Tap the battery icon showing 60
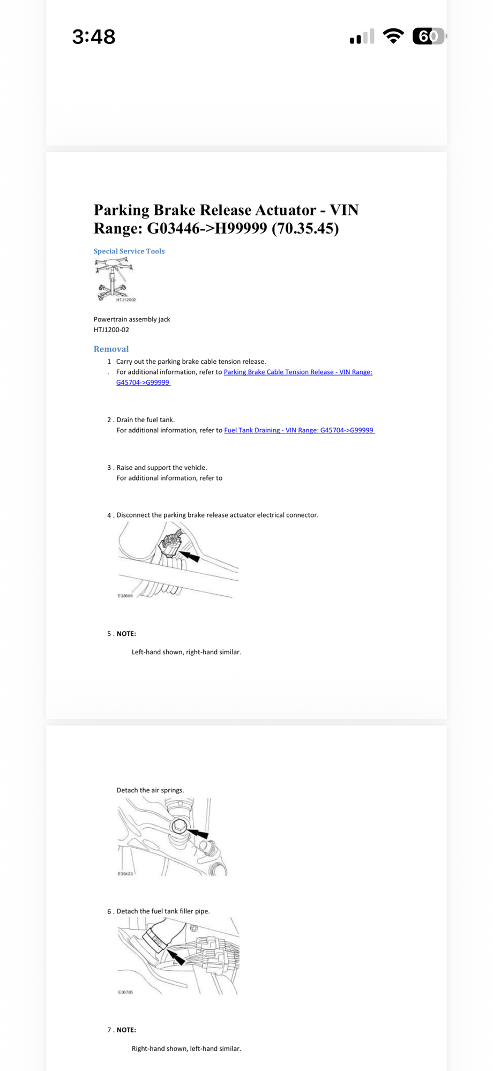tap(428, 36)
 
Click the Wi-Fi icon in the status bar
tap(393, 36)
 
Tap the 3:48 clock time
tap(94, 37)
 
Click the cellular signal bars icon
tap(362, 37)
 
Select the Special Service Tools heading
tap(129, 251)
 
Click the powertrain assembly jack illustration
tap(114, 279)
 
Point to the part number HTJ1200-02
tap(111, 330)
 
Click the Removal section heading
tap(111, 349)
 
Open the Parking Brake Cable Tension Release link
tap(297, 372)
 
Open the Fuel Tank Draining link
tap(298, 430)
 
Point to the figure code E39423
tap(125, 874)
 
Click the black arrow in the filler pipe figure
tap(176, 956)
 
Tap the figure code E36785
tap(125, 992)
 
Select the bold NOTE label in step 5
tap(126, 634)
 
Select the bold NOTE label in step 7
tap(126, 1030)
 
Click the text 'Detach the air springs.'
tap(150, 790)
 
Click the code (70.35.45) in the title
tap(305, 229)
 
